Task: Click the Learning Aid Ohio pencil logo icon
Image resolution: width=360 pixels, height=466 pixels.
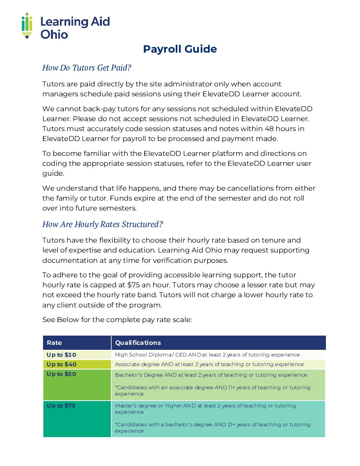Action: [x=27, y=26]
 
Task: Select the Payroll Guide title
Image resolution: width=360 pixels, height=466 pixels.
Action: [x=180, y=49]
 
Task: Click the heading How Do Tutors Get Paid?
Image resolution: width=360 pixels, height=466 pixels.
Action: [x=87, y=68]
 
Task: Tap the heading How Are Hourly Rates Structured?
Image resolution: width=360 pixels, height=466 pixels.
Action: [x=103, y=224]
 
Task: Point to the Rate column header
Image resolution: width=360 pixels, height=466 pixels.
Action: [x=54, y=343]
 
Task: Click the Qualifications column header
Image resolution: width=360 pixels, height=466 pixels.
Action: [x=138, y=343]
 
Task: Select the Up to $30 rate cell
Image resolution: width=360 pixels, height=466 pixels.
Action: [x=62, y=355]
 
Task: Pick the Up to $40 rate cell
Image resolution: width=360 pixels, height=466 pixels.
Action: [x=62, y=364]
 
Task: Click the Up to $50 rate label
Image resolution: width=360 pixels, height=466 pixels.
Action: [x=62, y=374]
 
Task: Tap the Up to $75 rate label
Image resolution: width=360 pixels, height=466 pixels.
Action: [x=61, y=406]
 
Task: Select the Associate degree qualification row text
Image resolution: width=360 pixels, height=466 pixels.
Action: [x=209, y=364]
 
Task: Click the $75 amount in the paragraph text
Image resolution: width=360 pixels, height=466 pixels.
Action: [x=133, y=285]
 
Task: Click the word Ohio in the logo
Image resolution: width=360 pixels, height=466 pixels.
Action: [x=54, y=34]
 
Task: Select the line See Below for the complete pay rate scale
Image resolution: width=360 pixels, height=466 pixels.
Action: [x=117, y=320]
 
